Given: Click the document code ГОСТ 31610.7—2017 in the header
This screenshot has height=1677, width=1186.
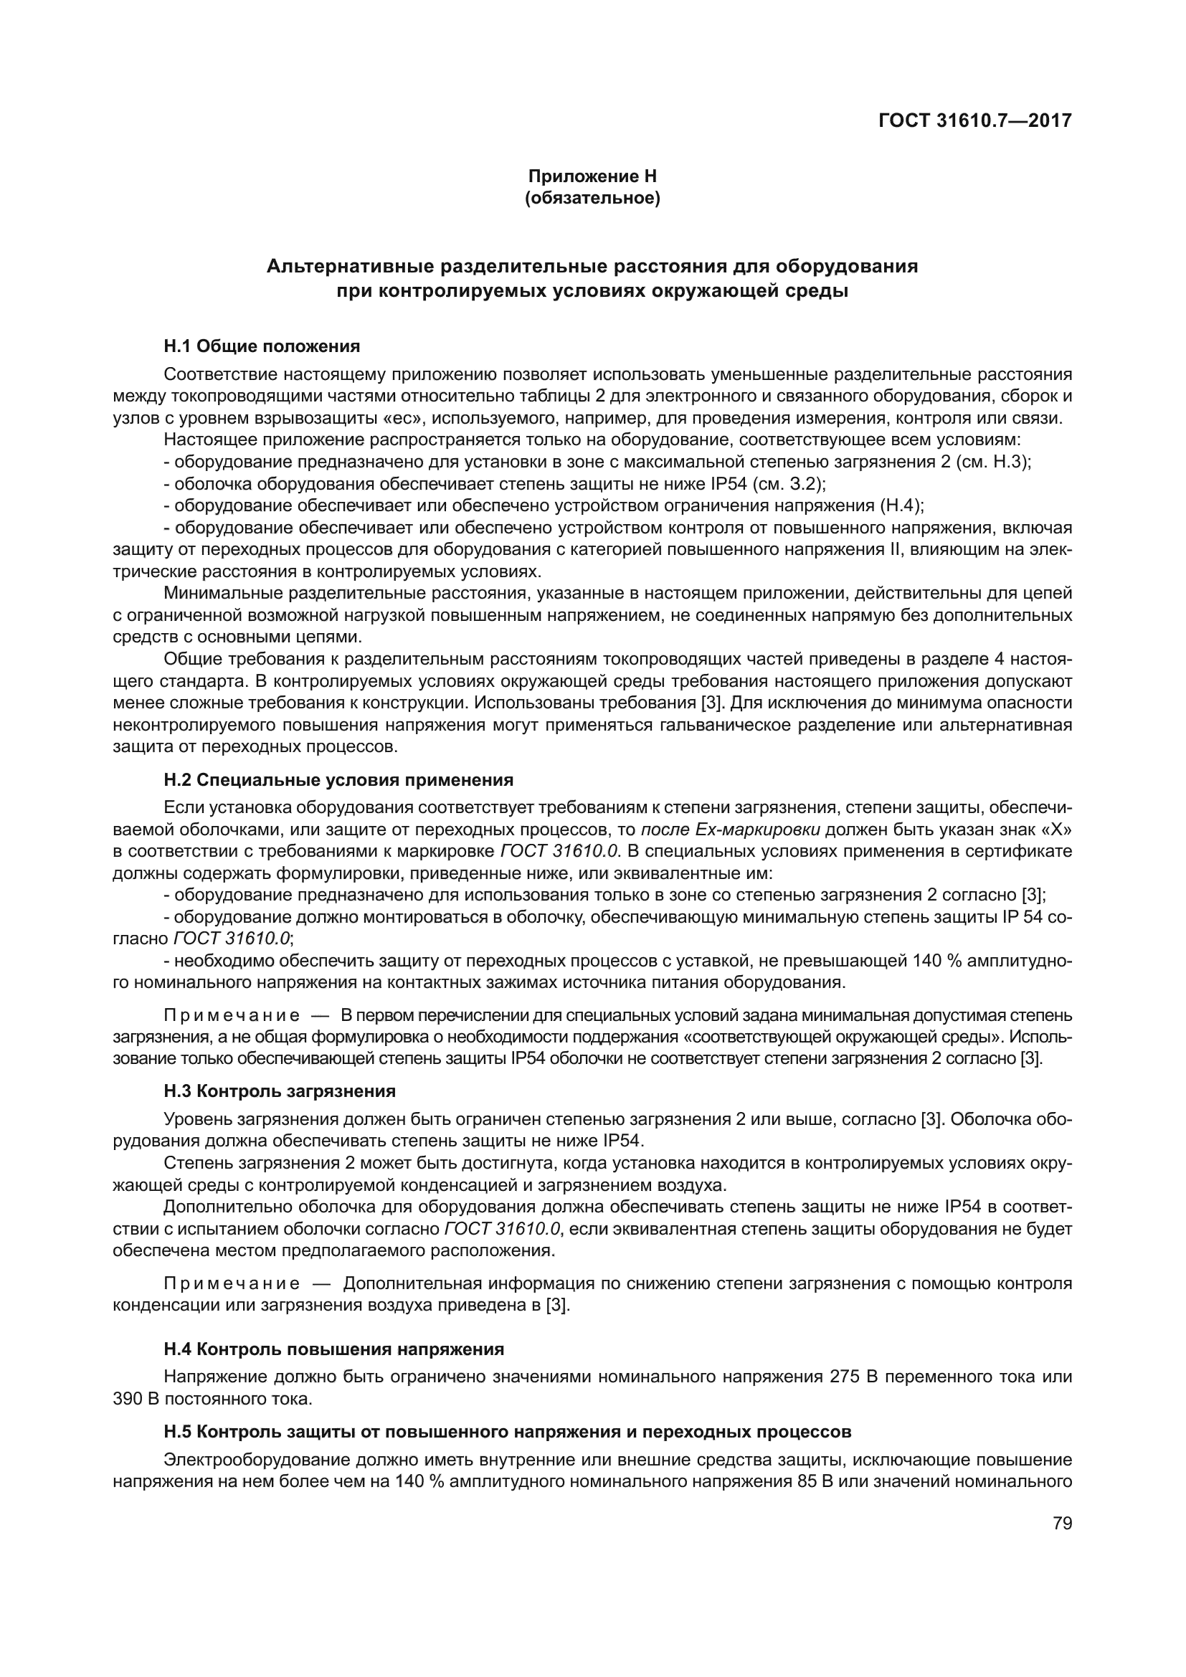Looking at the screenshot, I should (974, 120).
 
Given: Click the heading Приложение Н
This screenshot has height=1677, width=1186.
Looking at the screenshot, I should (592, 176).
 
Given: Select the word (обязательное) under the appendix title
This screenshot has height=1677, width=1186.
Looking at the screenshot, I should (592, 198).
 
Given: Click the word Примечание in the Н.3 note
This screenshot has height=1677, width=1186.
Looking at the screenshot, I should (232, 1283).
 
